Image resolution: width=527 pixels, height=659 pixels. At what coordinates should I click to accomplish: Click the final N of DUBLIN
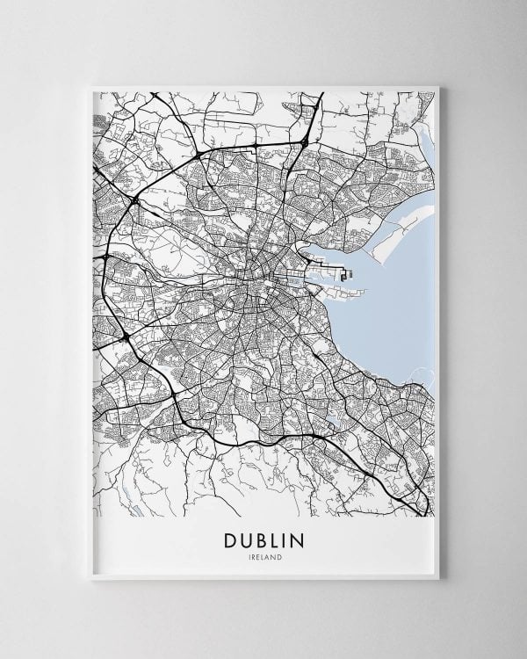point(304,538)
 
